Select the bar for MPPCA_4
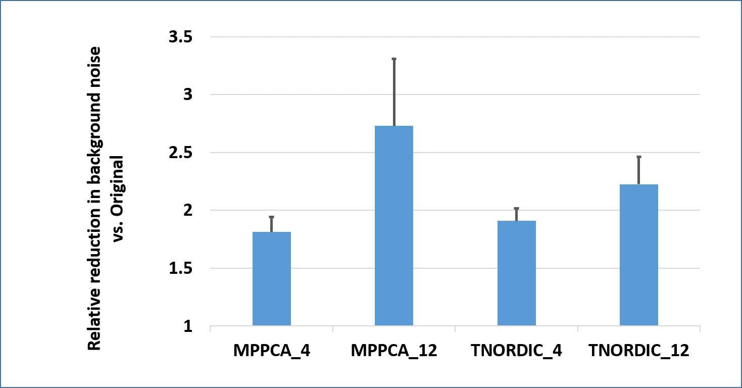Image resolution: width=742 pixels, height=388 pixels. click(272, 279)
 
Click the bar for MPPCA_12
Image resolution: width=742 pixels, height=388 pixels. click(394, 226)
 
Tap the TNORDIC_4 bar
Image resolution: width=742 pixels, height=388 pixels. click(516, 273)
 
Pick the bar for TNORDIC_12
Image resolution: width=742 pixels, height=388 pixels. click(638, 255)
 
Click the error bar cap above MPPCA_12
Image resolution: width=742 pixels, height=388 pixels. click(394, 59)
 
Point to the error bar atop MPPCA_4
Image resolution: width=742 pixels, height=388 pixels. click(272, 224)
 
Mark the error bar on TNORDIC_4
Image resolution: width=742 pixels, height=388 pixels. click(516, 214)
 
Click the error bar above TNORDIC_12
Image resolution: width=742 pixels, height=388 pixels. click(638, 170)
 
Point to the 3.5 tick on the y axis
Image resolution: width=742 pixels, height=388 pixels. click(180, 37)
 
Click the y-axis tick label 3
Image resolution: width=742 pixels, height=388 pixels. click(188, 94)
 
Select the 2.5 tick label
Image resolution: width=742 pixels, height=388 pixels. click(180, 153)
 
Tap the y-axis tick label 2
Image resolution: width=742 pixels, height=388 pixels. click(188, 210)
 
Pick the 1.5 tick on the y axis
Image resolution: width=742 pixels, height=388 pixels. click(180, 268)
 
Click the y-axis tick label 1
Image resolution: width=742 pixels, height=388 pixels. click(188, 326)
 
